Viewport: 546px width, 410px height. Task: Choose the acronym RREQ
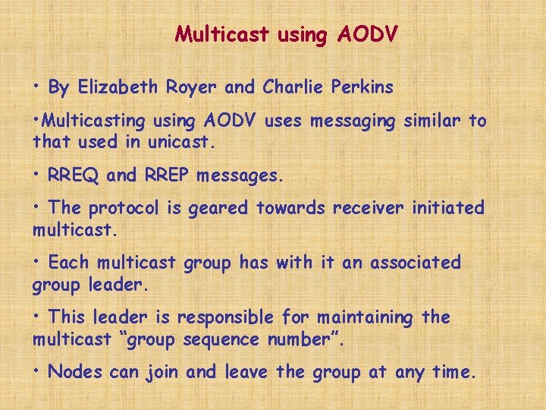pyautogui.click(x=74, y=175)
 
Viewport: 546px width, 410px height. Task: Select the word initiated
pyautogui.click(x=449, y=208)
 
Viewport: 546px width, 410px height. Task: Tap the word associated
pyautogui.click(x=413, y=263)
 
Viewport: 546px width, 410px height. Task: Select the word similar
pyautogui.click(x=426, y=121)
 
